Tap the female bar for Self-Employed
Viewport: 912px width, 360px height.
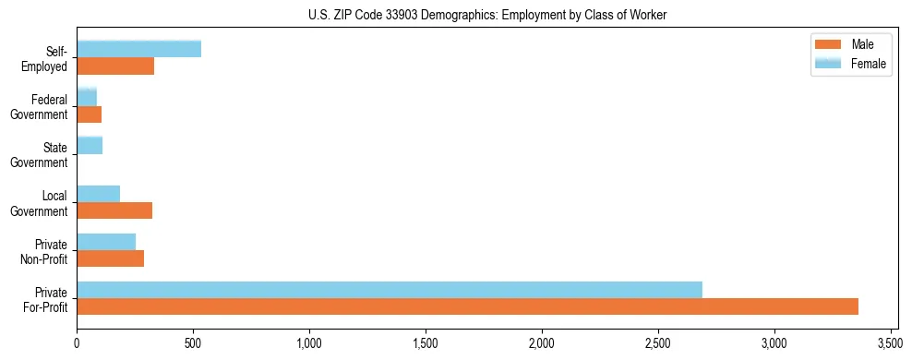138,50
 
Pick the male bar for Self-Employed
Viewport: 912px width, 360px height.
115,66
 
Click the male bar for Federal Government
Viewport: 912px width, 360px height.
89,114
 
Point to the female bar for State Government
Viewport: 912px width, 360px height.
90,145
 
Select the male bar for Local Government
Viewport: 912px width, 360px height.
114,210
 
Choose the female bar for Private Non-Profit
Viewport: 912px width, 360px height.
106,241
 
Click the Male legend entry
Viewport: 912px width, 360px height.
850,44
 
